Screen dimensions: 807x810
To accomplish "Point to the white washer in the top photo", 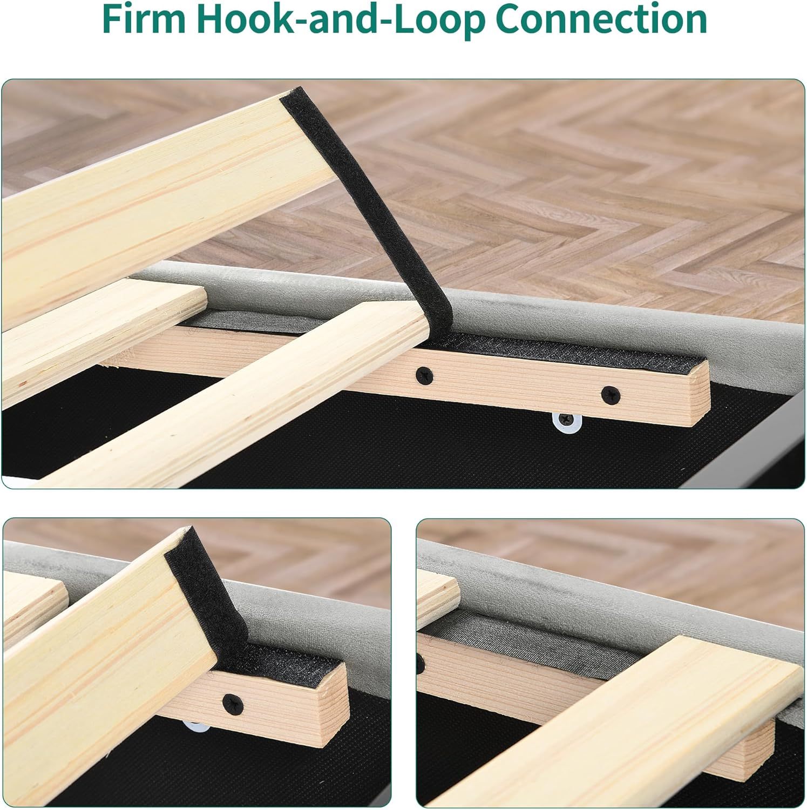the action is click(x=566, y=421).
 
